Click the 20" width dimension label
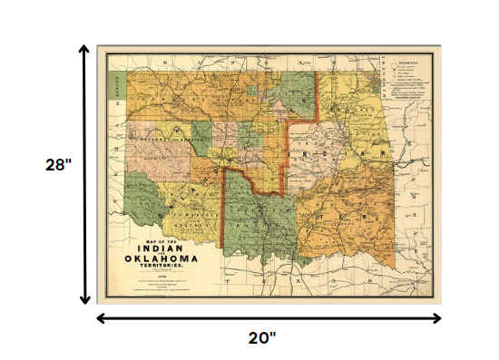pyautogui.click(x=262, y=337)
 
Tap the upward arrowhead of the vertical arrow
pyautogui.click(x=84, y=51)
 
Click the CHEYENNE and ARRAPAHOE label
pyautogui.click(x=163, y=141)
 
